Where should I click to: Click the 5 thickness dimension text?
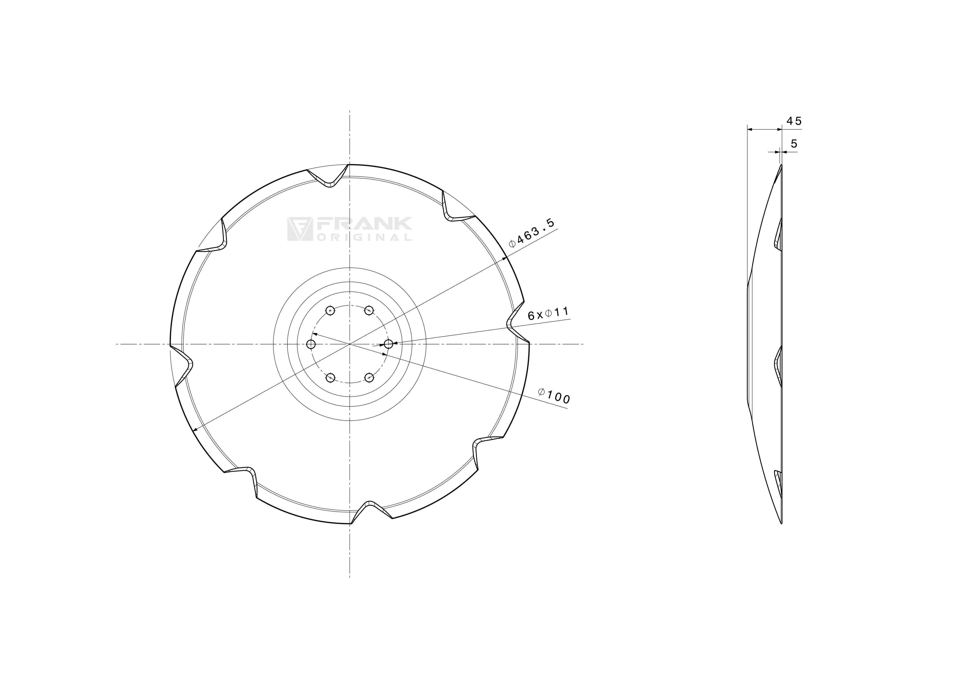[x=794, y=144]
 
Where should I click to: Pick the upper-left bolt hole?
[x=330, y=310]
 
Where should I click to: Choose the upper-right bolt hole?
[x=369, y=310]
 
